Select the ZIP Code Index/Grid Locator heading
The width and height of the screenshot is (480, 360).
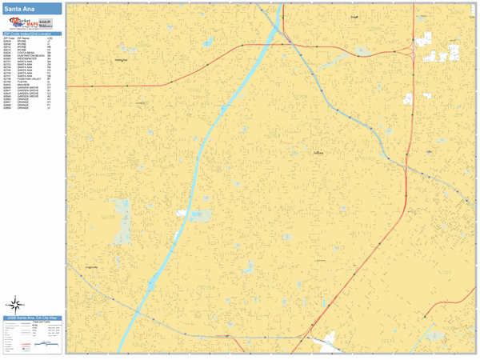tap(32, 34)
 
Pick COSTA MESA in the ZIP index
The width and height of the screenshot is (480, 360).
tap(23, 52)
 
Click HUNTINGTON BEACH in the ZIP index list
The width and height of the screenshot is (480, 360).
tap(27, 55)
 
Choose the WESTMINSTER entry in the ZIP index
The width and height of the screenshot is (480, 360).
tap(25, 58)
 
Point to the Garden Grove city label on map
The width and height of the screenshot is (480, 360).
tap(122, 60)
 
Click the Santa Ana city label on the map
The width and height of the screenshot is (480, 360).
tap(319, 152)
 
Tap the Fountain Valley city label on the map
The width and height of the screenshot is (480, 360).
tap(90, 267)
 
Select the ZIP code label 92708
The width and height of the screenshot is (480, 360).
tap(110, 216)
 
